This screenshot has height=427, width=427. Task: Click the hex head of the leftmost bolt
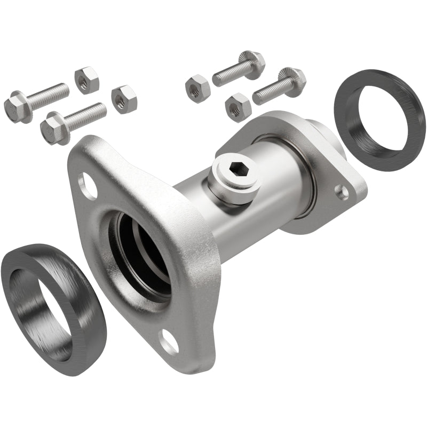[17, 106]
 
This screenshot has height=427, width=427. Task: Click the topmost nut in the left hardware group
[86, 80]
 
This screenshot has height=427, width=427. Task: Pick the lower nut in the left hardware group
[124, 99]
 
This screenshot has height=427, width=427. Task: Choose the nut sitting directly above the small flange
[238, 107]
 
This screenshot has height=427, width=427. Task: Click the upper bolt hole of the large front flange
[87, 186]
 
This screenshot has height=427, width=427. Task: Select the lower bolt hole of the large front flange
[170, 342]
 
